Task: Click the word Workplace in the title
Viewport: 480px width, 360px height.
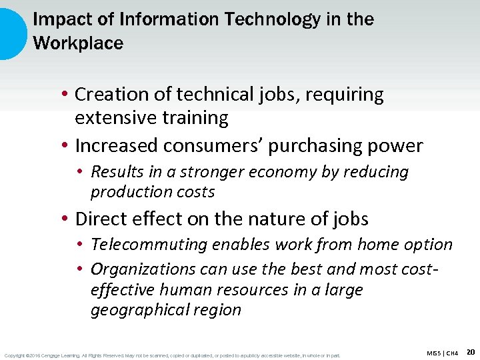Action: (78, 44)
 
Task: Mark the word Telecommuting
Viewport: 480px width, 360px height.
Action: (149, 245)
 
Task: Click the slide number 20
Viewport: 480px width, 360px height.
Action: (471, 351)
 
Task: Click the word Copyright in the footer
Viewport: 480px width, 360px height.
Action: (15, 355)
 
